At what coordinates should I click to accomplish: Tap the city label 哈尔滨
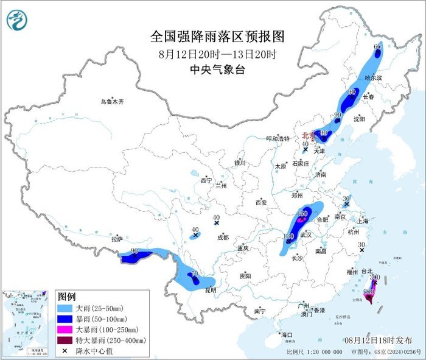373,78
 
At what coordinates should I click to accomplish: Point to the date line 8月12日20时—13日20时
217,54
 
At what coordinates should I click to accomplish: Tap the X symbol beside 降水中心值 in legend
65,351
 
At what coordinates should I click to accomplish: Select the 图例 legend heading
67,297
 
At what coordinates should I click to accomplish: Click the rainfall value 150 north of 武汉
302,213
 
